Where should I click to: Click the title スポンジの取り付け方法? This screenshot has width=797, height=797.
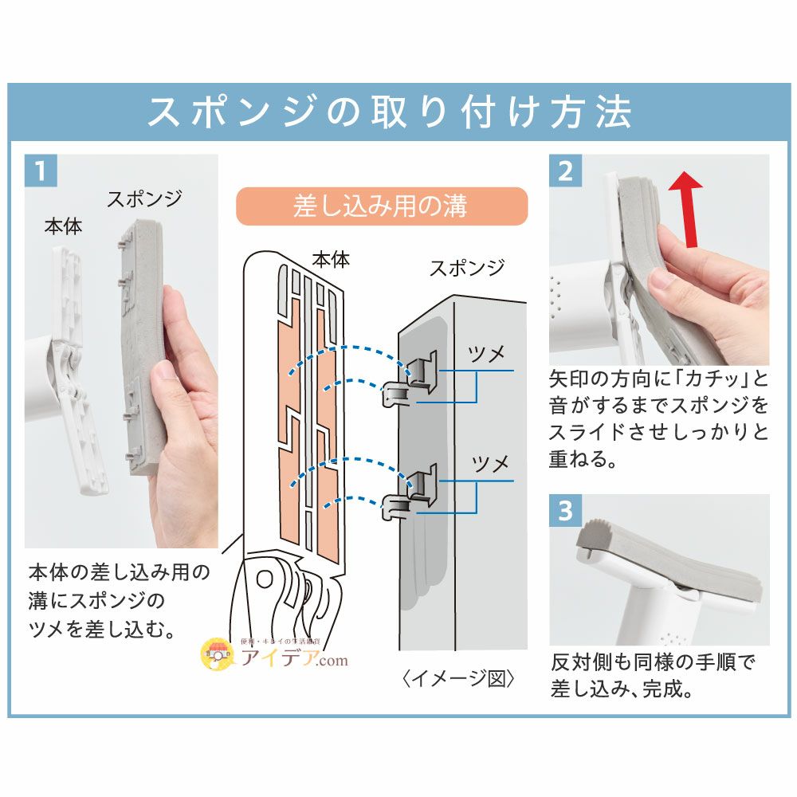point(390,112)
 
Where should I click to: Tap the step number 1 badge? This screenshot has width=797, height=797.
point(41,171)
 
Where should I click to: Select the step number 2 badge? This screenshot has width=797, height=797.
point(565,171)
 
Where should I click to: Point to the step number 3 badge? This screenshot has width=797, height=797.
point(565,510)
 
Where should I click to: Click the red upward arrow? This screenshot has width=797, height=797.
point(686,209)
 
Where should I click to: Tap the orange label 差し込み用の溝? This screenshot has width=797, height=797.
point(382,206)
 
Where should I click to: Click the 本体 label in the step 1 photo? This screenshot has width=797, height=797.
point(64,226)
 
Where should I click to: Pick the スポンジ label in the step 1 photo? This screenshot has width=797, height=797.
point(144,198)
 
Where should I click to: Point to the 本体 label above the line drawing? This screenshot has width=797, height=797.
point(331,260)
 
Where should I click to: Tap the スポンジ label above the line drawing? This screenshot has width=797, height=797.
point(467,268)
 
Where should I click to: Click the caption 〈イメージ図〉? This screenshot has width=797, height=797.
point(458,678)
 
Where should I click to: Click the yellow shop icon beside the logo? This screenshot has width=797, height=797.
point(218,654)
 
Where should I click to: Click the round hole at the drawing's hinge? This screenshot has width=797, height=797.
point(265,579)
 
